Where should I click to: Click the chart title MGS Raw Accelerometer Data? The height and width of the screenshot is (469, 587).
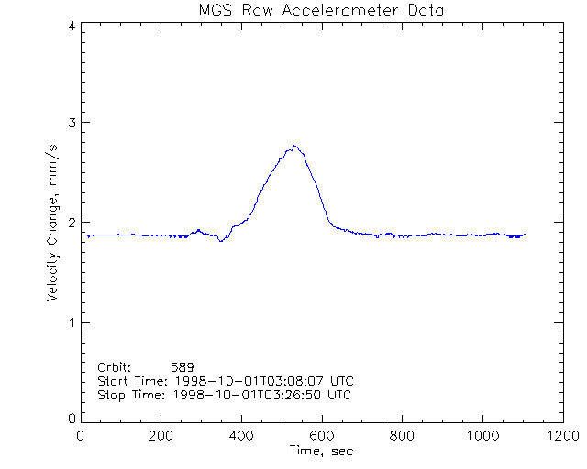(319, 10)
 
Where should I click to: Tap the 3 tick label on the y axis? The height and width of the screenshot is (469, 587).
(72, 123)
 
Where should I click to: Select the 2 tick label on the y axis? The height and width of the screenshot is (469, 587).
(72, 223)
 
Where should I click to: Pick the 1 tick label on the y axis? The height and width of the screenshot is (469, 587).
(72, 322)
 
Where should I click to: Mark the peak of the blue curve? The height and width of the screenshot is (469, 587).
(294, 145)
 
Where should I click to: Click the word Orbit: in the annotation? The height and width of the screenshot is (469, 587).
(115, 366)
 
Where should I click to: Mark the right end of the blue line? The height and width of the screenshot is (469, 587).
(525, 234)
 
